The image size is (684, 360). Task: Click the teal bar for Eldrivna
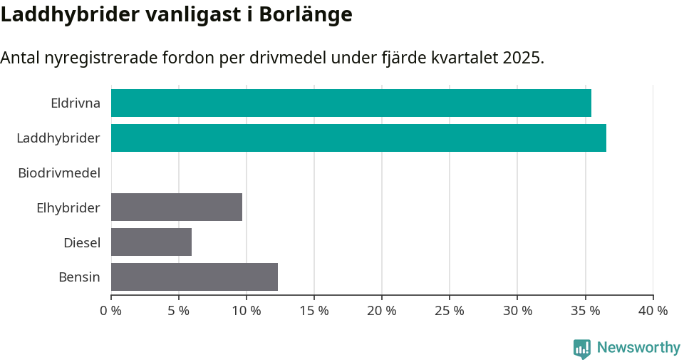click(x=351, y=103)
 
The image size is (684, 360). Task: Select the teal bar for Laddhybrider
click(x=358, y=138)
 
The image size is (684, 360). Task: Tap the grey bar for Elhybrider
click(x=177, y=207)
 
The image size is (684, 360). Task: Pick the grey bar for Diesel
click(x=151, y=242)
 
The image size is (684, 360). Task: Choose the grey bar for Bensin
click(x=195, y=277)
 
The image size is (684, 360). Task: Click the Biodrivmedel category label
click(x=59, y=173)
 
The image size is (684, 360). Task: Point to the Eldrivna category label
click(x=76, y=103)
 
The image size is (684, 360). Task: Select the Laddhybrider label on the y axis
click(x=58, y=138)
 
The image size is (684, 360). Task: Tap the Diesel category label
click(x=82, y=242)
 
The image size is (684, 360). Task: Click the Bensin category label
click(x=79, y=277)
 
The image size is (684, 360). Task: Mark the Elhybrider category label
click(x=68, y=207)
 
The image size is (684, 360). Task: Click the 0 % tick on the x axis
click(x=111, y=311)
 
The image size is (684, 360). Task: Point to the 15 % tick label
click(x=314, y=311)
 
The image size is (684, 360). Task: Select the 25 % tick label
click(x=450, y=311)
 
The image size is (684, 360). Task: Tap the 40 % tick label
click(x=653, y=311)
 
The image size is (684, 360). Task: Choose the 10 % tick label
click(x=247, y=311)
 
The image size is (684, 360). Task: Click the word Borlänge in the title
click(x=307, y=14)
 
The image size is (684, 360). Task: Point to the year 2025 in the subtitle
click(x=522, y=58)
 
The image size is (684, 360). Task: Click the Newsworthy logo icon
click(x=582, y=348)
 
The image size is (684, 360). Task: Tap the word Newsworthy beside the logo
click(x=638, y=347)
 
